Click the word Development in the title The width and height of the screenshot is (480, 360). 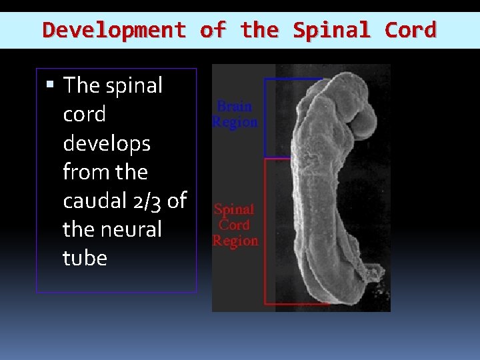point(114,30)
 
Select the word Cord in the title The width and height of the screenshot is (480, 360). point(411,30)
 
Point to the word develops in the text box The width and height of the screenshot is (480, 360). point(107,143)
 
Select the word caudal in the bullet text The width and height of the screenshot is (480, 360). point(91,201)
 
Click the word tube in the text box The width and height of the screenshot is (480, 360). point(85,258)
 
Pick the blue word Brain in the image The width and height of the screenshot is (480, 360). point(235,107)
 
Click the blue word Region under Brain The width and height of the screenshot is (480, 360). point(235,122)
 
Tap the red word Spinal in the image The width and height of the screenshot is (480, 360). point(234,209)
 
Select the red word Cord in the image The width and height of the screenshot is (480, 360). point(234,225)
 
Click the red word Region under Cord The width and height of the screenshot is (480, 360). point(235,241)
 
